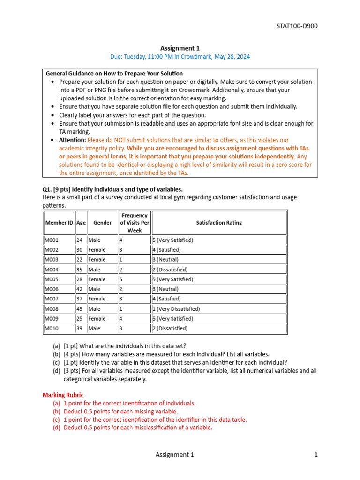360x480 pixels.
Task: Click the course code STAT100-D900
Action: click(297, 26)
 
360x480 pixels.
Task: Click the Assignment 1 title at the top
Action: click(180, 48)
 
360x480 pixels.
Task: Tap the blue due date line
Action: click(180, 56)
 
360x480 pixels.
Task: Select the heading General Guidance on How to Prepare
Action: click(114, 74)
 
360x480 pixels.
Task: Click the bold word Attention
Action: click(72, 140)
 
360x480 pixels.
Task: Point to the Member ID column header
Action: click(59, 223)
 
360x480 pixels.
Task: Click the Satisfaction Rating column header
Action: click(219, 223)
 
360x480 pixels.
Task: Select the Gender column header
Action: click(103, 223)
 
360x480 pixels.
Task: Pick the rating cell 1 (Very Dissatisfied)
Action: click(176, 309)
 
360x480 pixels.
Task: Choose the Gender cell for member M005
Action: click(97, 279)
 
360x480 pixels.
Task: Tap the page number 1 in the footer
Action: click(316, 454)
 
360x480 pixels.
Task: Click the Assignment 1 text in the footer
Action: click(174, 454)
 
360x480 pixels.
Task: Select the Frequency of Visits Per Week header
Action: click(135, 223)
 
